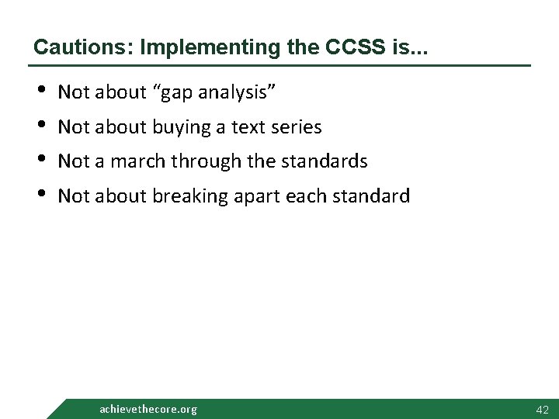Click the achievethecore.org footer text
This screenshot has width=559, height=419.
point(148,409)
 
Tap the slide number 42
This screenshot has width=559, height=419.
point(542,409)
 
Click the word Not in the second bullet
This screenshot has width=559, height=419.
point(75,126)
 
